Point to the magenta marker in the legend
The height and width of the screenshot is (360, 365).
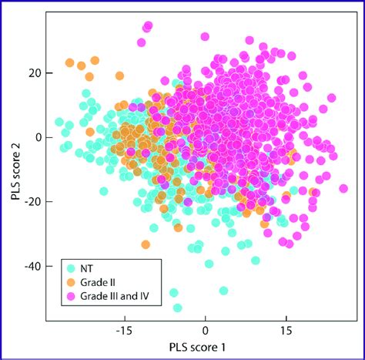click(71, 295)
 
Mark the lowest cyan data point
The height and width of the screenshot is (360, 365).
click(178, 308)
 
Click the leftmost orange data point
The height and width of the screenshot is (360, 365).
click(70, 63)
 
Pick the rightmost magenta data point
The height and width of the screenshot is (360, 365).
click(343, 188)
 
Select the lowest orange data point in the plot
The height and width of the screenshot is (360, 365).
click(146, 244)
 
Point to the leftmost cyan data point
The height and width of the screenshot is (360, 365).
click(59, 122)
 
